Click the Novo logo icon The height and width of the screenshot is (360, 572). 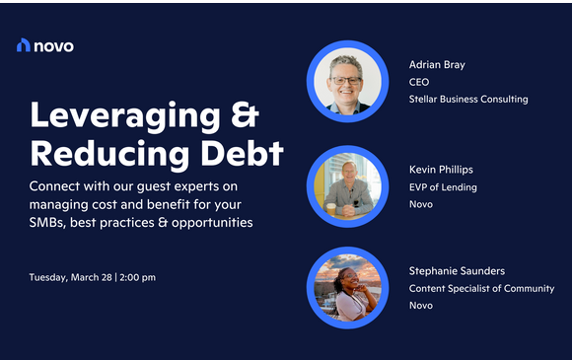tap(25, 44)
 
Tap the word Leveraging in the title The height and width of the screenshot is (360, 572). tap(116, 116)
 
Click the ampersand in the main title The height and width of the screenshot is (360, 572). tap(239, 116)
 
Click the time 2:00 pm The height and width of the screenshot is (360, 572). tap(138, 277)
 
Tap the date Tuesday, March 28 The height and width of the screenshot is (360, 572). tap(71, 277)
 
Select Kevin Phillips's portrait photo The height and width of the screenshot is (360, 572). tap(346, 184)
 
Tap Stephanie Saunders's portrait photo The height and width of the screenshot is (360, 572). tap(346, 286)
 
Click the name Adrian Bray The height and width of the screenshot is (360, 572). tap(437, 65)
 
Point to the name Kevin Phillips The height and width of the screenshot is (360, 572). tap(442, 170)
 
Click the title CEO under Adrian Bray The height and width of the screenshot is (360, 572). tap(420, 82)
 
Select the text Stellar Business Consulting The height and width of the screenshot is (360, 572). tap(468, 100)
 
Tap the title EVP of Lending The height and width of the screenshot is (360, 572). tap(443, 187)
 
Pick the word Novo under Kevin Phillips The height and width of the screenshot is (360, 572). tap(421, 204)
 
